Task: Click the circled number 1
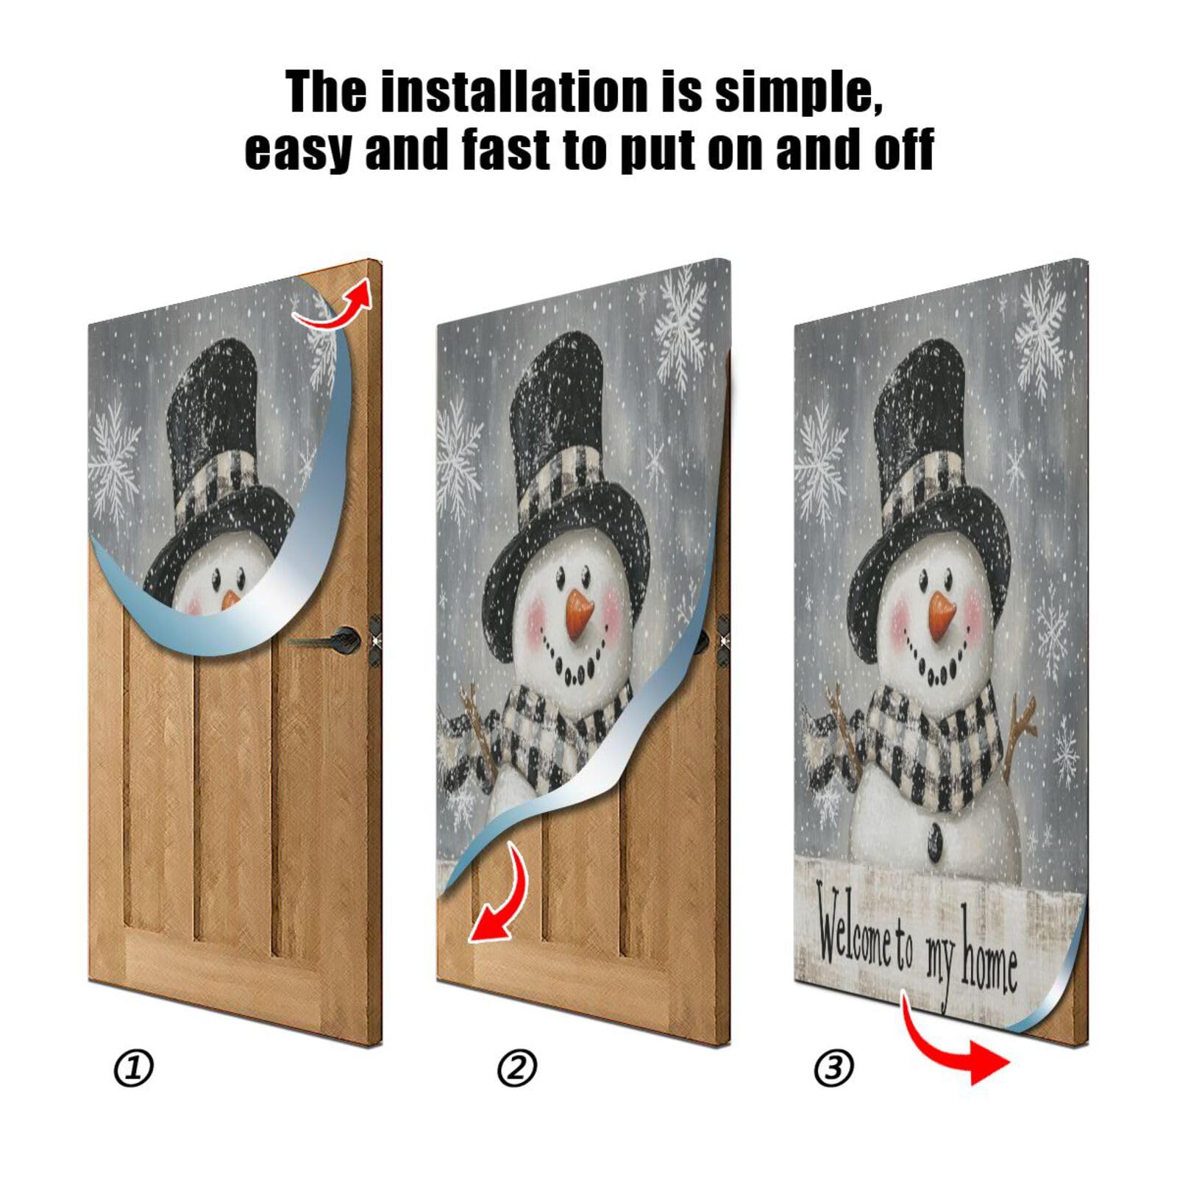(x=133, y=1068)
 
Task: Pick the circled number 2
(x=517, y=1068)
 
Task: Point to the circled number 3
(x=833, y=1068)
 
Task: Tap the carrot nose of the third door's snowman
(x=941, y=616)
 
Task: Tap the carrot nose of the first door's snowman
(x=230, y=600)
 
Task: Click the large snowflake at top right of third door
(x=1041, y=331)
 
